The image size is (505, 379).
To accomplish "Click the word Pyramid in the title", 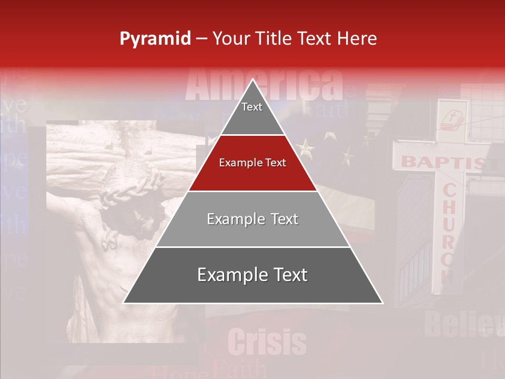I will click(x=155, y=39).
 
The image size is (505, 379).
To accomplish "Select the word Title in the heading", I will click(x=274, y=39).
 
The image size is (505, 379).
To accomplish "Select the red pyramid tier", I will click(x=252, y=163).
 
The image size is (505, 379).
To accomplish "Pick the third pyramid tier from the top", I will click(x=252, y=219).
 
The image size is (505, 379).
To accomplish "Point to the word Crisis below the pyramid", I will click(x=267, y=342).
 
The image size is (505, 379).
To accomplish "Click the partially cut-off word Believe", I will click(x=463, y=324).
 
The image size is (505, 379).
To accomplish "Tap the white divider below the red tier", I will click(x=252, y=191).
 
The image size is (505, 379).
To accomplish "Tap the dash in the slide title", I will click(x=201, y=39).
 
